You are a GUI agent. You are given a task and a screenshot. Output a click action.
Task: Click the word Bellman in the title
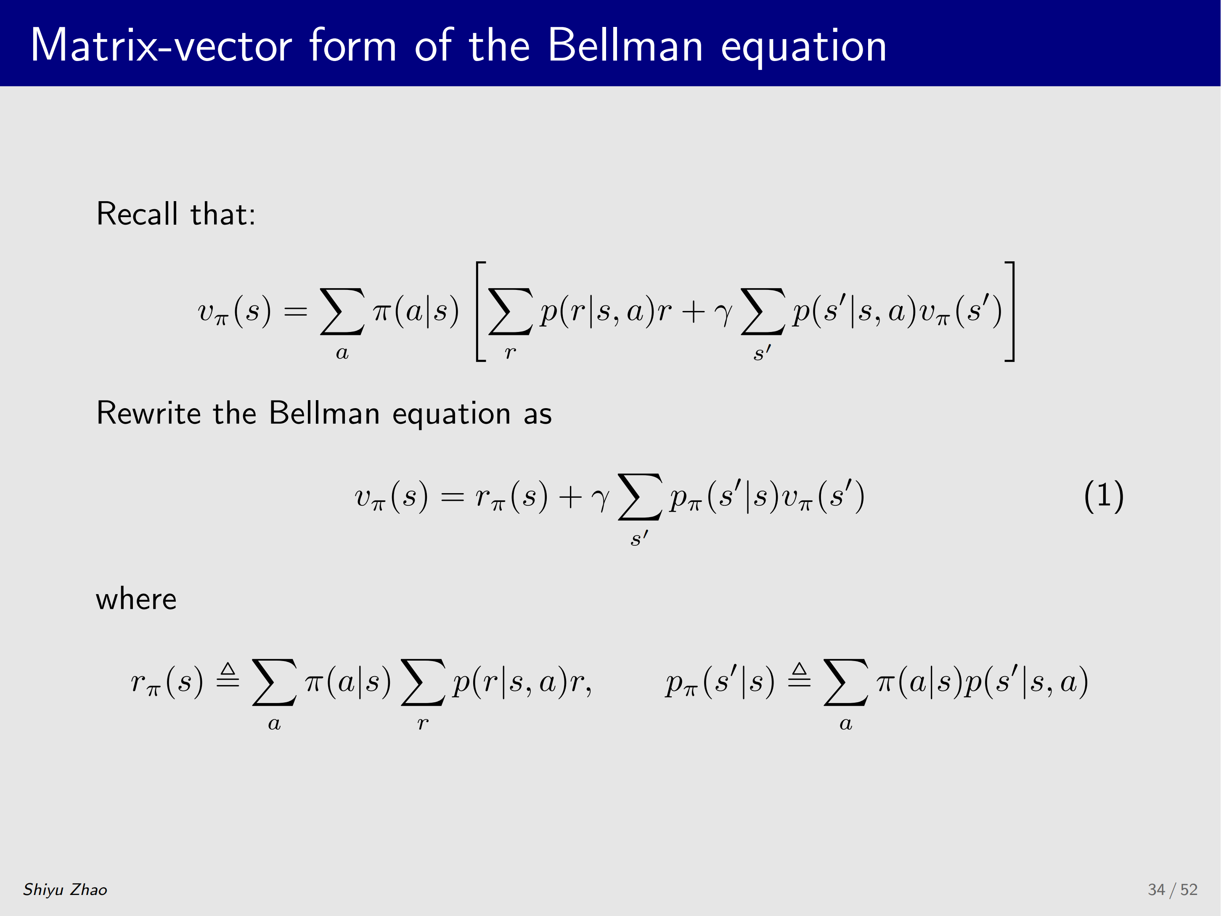coord(625,45)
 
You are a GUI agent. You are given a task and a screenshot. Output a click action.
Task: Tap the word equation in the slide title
coord(804,48)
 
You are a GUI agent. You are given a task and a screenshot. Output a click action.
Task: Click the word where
coord(136,599)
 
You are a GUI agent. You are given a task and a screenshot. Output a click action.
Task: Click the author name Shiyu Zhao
coord(65,889)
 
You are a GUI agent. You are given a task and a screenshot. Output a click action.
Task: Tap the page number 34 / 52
coord(1173,889)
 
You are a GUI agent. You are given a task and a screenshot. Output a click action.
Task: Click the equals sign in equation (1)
coord(452,497)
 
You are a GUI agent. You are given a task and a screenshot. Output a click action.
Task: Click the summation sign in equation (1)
coord(640,497)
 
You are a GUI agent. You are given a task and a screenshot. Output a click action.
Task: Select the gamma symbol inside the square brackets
coord(723,315)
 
